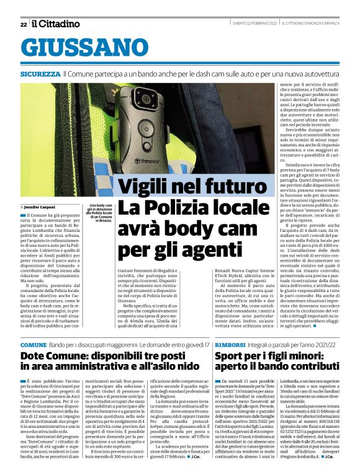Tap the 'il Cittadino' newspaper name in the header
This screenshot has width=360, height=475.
pyautogui.click(x=56, y=24)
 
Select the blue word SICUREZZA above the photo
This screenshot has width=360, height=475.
pyautogui.click(x=40, y=74)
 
